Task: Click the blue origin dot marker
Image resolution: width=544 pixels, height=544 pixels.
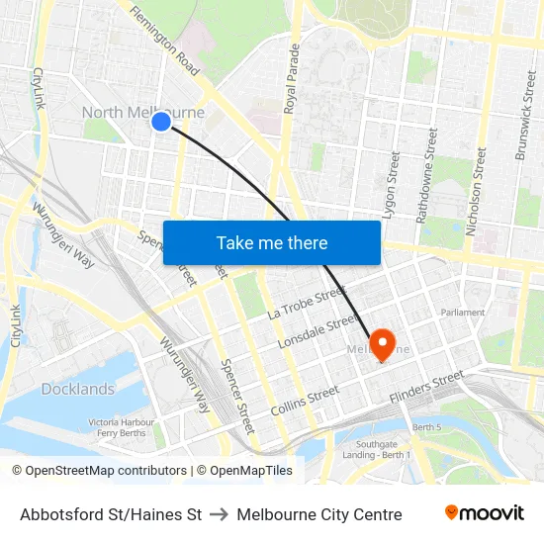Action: [160, 122]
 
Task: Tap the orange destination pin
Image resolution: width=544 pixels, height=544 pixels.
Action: [382, 345]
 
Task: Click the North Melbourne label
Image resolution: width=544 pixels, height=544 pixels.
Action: [142, 113]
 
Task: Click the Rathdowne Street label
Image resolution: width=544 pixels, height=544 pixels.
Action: [430, 173]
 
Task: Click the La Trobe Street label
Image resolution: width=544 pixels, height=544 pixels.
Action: [306, 301]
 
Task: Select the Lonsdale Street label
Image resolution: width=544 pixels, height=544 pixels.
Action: [316, 331]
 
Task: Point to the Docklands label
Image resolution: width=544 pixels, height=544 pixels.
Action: [77, 390]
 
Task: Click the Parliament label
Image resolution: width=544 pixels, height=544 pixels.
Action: [463, 313]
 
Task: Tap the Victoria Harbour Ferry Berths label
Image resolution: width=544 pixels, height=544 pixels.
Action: [119, 427]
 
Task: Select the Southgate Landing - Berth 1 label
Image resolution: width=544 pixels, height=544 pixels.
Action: [381, 450]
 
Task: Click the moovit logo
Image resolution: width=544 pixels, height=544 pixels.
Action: [484, 512]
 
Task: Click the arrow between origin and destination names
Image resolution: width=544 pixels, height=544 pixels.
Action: [220, 514]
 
